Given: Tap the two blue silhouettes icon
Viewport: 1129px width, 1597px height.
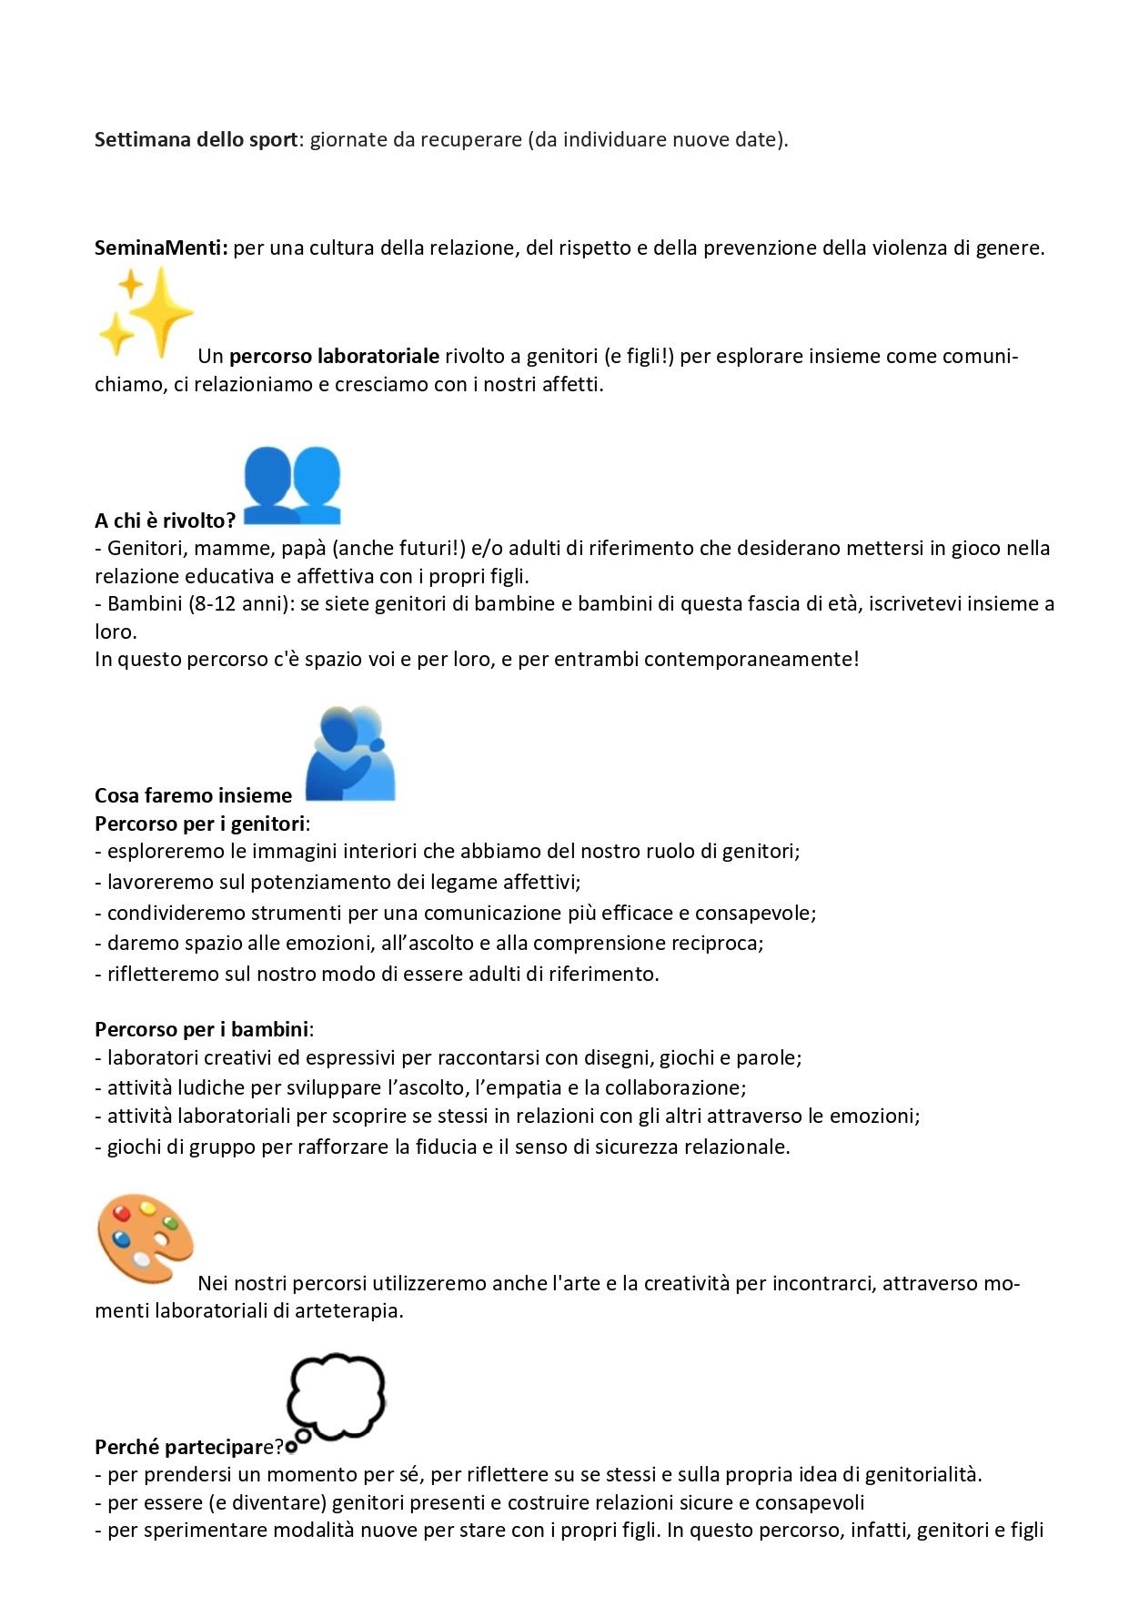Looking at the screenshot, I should [291, 484].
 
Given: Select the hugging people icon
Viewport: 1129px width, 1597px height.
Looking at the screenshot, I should [350, 753].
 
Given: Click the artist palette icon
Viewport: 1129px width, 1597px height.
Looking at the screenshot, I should [146, 1238].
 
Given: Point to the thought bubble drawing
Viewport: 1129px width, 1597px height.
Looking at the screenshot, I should [336, 1396].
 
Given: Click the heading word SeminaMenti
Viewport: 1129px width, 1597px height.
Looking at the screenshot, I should [160, 248].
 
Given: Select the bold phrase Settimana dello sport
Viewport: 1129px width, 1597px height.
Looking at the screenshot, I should [196, 139].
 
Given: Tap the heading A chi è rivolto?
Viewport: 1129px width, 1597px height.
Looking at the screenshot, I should [165, 521].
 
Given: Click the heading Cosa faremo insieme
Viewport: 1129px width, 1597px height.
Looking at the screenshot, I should [193, 795].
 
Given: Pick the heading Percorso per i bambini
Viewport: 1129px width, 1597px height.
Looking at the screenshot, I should [202, 1029].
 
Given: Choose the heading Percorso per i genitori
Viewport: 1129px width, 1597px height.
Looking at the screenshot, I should [200, 824].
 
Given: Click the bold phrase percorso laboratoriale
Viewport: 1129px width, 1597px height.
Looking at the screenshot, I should [334, 356].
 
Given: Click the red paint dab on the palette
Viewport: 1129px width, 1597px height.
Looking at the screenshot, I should [121, 1213].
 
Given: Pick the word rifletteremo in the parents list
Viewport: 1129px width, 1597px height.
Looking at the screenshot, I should [164, 974].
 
